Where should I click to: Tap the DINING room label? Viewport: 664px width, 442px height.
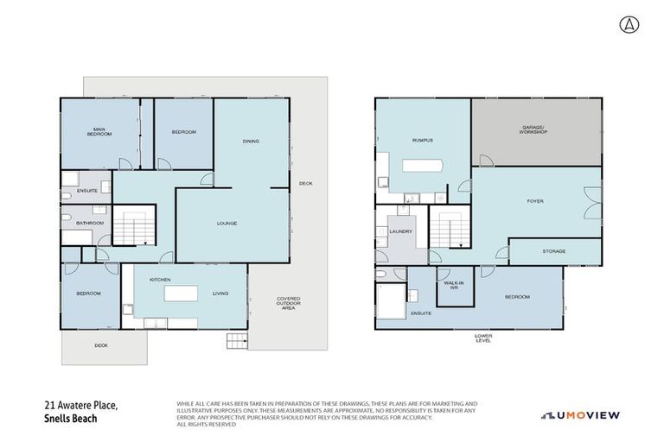click(x=251, y=142)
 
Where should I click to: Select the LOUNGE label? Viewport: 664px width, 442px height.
click(x=227, y=224)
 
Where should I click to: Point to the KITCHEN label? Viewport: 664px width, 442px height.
click(x=160, y=280)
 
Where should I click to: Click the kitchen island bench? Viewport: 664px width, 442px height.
click(x=181, y=294)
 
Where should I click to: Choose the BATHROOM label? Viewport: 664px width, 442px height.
click(x=89, y=224)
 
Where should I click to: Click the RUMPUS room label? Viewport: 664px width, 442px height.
click(x=421, y=140)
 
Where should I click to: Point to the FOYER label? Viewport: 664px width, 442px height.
click(x=535, y=202)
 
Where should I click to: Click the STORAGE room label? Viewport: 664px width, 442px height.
click(x=553, y=251)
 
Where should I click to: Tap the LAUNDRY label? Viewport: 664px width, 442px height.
click(x=401, y=231)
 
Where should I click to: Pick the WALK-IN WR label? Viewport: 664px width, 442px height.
click(x=450, y=286)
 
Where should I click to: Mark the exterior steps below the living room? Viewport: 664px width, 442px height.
click(x=236, y=339)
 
